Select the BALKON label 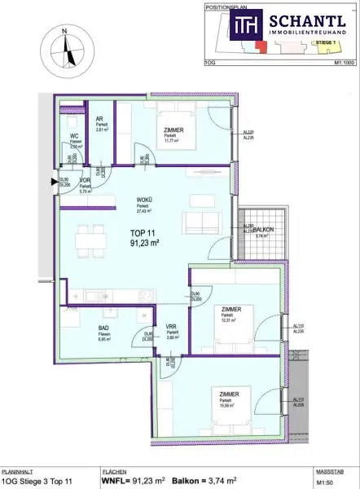click(263, 231)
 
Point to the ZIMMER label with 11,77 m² click(173, 130)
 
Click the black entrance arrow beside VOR click(55, 181)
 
